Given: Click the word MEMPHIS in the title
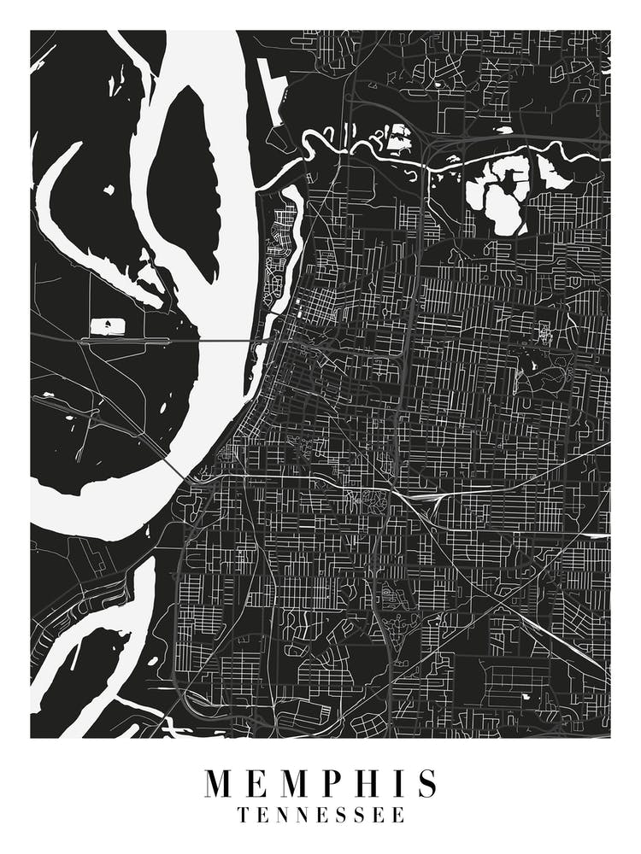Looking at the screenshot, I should coord(320,783).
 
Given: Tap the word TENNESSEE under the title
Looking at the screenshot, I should coord(320,816).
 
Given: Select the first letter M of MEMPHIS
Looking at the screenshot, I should coord(219,783).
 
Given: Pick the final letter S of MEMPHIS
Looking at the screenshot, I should coord(428,783).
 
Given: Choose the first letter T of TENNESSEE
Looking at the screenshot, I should coord(244,816).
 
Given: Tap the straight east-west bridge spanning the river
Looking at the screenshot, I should coord(231,341).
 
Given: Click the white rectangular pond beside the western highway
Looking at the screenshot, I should coord(106,326).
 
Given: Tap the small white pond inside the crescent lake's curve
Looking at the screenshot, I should coord(109,190).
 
